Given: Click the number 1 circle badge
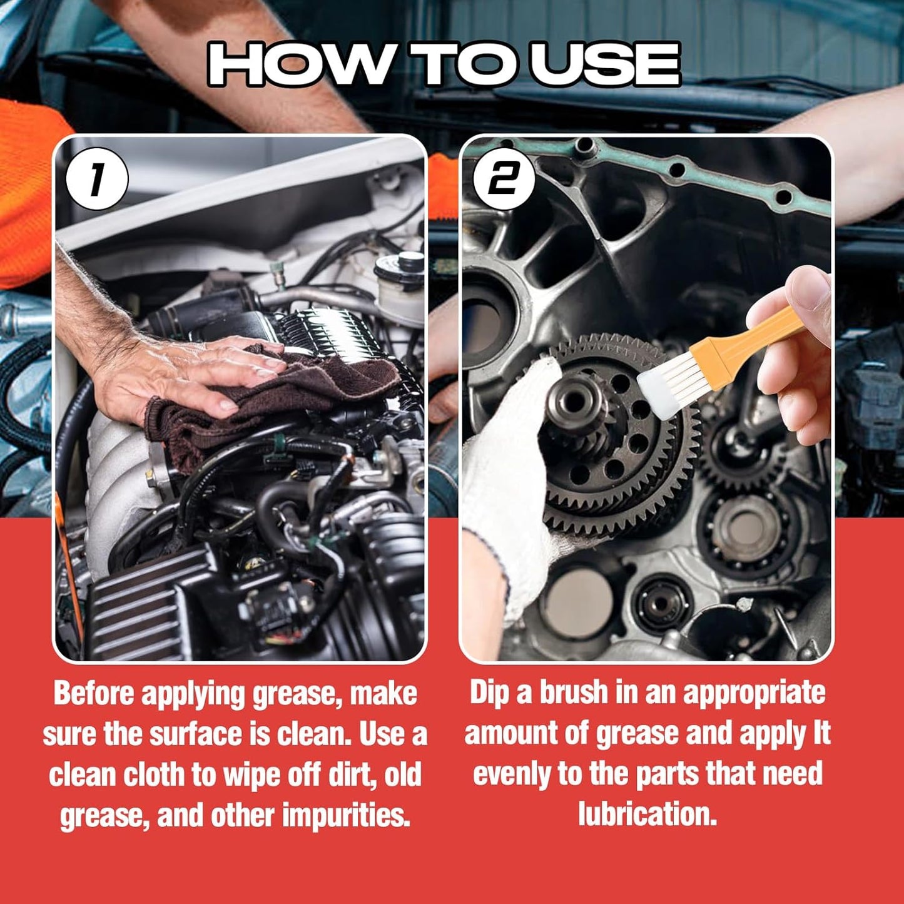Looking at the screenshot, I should point(97,179).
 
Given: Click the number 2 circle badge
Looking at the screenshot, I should point(504,179).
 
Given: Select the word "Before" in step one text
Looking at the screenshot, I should point(94,694).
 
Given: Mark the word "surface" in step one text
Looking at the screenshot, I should point(198,734).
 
